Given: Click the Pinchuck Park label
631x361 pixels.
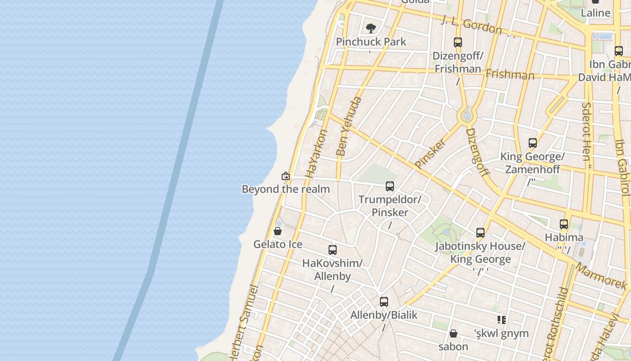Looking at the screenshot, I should (371, 42).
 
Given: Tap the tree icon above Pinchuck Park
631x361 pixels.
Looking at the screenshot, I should (371, 28).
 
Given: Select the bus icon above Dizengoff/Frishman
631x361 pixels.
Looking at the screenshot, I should (458, 42).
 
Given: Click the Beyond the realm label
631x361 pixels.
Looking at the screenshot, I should (286, 189).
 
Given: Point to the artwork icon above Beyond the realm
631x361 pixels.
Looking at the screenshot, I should (285, 176).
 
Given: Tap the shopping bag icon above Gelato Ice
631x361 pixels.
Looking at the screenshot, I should (278, 231).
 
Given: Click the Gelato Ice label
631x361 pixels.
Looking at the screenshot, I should (278, 244).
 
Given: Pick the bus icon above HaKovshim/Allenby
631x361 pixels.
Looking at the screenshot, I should (333, 250).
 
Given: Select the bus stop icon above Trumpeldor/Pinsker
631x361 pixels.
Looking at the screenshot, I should (390, 186).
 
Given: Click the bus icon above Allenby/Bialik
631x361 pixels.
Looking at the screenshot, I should (384, 302).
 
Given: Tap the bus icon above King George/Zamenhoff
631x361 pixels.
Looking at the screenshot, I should (533, 143).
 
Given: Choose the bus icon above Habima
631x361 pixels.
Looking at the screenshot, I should (564, 224).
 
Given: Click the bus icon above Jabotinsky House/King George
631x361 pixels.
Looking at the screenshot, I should (480, 233).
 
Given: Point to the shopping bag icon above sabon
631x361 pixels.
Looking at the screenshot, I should (453, 333).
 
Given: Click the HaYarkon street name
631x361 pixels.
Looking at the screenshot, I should (316, 154).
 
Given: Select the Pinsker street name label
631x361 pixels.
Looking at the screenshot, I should (430, 153).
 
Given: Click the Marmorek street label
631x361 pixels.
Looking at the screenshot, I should (601, 276).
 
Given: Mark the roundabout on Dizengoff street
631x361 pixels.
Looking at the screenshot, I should (467, 116).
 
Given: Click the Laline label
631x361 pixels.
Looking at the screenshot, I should (595, 13).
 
